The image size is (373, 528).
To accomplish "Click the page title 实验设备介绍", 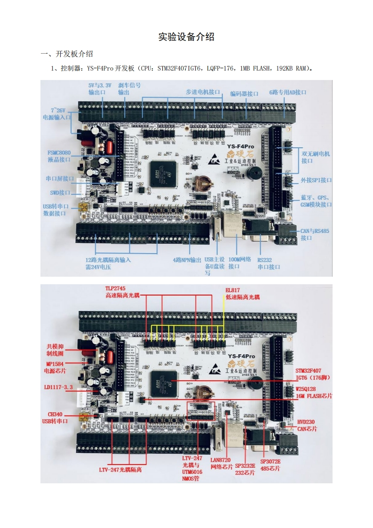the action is point(186,37).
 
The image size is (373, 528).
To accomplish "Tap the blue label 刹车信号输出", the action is point(129,89).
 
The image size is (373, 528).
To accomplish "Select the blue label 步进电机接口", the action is point(203,92).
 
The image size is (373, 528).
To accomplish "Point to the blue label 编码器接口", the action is point(244,93).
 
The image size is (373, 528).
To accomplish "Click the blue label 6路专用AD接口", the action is point(287,92).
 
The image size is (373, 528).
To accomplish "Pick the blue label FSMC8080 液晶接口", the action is point(59,156).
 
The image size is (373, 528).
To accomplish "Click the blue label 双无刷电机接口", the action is point(316,157).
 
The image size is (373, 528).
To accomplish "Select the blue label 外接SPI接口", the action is point(316,180).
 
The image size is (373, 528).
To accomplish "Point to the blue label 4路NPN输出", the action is point(187,260).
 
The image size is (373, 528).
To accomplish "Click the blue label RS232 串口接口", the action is point(268,263).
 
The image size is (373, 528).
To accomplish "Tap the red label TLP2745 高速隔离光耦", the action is point(122,291).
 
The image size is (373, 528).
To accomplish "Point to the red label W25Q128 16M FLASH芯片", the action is point(312,392).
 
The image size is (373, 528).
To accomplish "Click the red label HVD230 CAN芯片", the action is point(306,425).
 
